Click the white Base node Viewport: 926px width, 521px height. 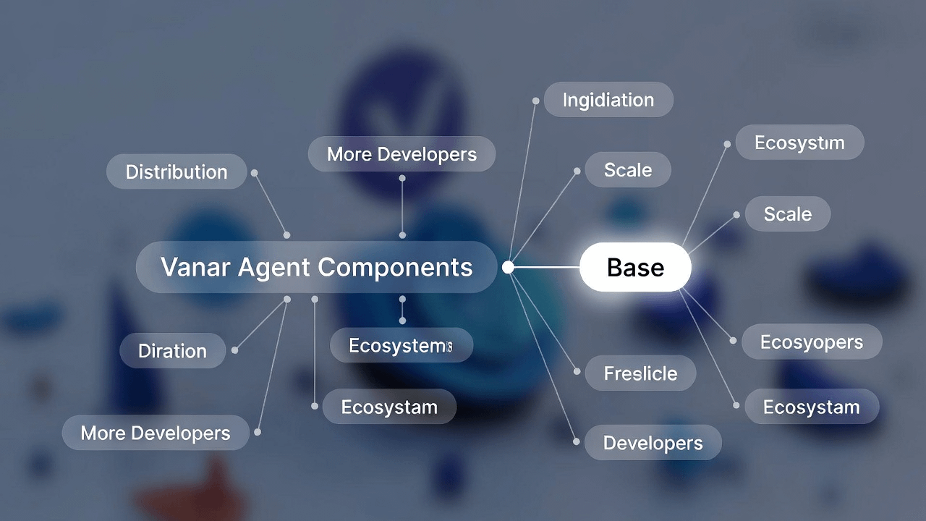point(635,268)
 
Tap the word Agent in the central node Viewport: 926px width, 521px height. point(273,268)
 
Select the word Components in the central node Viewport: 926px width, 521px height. point(395,267)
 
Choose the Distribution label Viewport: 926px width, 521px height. point(177,171)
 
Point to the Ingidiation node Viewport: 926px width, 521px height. point(608,100)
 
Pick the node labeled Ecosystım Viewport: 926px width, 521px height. point(799,143)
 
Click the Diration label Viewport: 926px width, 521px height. point(172,351)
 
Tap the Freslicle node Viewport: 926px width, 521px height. point(640,373)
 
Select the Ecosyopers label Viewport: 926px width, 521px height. point(812,342)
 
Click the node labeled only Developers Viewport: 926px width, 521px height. point(653,443)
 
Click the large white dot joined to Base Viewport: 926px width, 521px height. point(508,268)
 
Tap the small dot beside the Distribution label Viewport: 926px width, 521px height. point(254,173)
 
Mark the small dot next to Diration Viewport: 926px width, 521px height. point(234,350)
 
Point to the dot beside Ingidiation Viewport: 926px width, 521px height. point(535,101)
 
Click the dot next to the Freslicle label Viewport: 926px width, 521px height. point(577,372)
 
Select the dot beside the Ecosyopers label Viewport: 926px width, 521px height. point(734,341)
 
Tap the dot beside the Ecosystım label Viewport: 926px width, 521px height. point(727,144)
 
